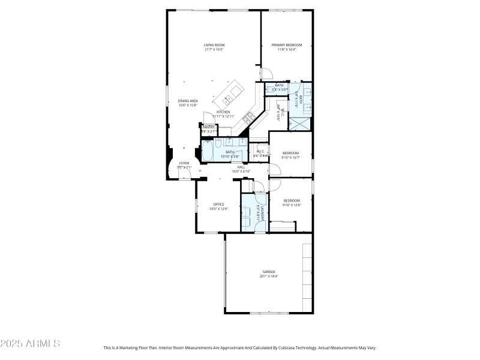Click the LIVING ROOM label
pyautogui.click(x=214, y=45)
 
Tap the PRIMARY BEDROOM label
pyautogui.click(x=286, y=45)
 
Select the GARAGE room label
pyautogui.click(x=269, y=272)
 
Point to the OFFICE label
pyautogui.click(x=219, y=204)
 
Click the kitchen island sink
pyautogui.click(x=229, y=98)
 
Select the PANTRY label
pyautogui.click(x=209, y=127)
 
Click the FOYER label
pyautogui.click(x=184, y=163)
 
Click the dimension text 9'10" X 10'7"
pyautogui.click(x=291, y=158)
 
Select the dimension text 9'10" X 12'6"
pyautogui.click(x=292, y=205)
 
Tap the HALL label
pyautogui.click(x=241, y=167)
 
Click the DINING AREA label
pyautogui.click(x=188, y=101)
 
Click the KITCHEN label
pyautogui.click(x=223, y=112)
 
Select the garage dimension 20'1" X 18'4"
pyautogui.click(x=269, y=277)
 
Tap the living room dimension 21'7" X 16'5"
pyautogui.click(x=214, y=50)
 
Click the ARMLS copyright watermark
pyautogui.click(x=30, y=344)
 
